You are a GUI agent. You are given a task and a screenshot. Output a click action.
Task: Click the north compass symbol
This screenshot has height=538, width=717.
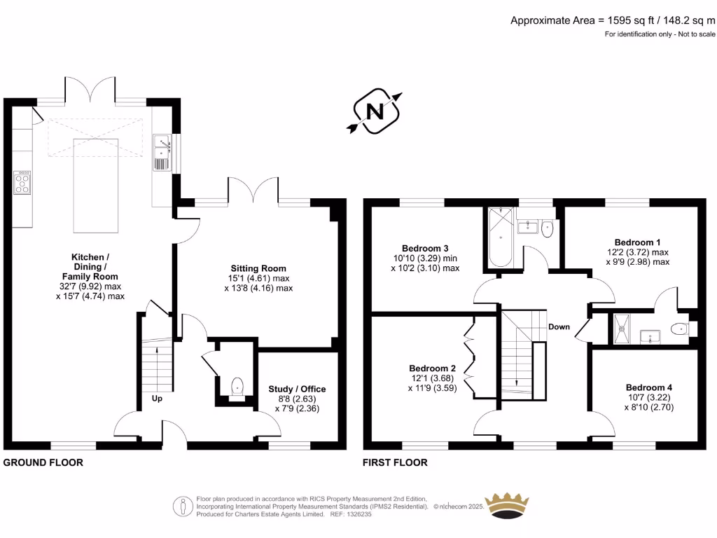(x=375, y=111)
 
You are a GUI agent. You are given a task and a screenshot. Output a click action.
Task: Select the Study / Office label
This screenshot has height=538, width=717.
(x=297, y=389)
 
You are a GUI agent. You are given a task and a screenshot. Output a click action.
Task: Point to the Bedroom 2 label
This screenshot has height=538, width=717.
(x=433, y=368)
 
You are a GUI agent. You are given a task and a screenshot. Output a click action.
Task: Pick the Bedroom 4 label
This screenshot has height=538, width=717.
(x=649, y=387)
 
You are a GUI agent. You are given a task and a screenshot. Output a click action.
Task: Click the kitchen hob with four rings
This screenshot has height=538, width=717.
(x=22, y=183)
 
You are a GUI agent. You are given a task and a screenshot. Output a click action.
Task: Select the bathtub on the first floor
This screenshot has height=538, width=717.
(x=500, y=237)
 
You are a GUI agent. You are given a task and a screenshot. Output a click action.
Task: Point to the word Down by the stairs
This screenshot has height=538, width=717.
(x=559, y=326)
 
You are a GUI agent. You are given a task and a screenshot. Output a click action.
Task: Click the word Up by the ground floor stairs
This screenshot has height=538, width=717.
(x=158, y=398)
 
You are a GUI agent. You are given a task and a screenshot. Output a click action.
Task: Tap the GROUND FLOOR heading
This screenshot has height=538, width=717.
(x=43, y=462)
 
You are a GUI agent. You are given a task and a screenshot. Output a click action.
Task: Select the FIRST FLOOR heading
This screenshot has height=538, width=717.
(x=395, y=462)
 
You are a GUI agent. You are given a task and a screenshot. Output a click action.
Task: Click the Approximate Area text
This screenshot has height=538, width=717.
(x=613, y=20)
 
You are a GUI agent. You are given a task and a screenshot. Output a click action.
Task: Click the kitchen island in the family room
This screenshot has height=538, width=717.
(x=97, y=185)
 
